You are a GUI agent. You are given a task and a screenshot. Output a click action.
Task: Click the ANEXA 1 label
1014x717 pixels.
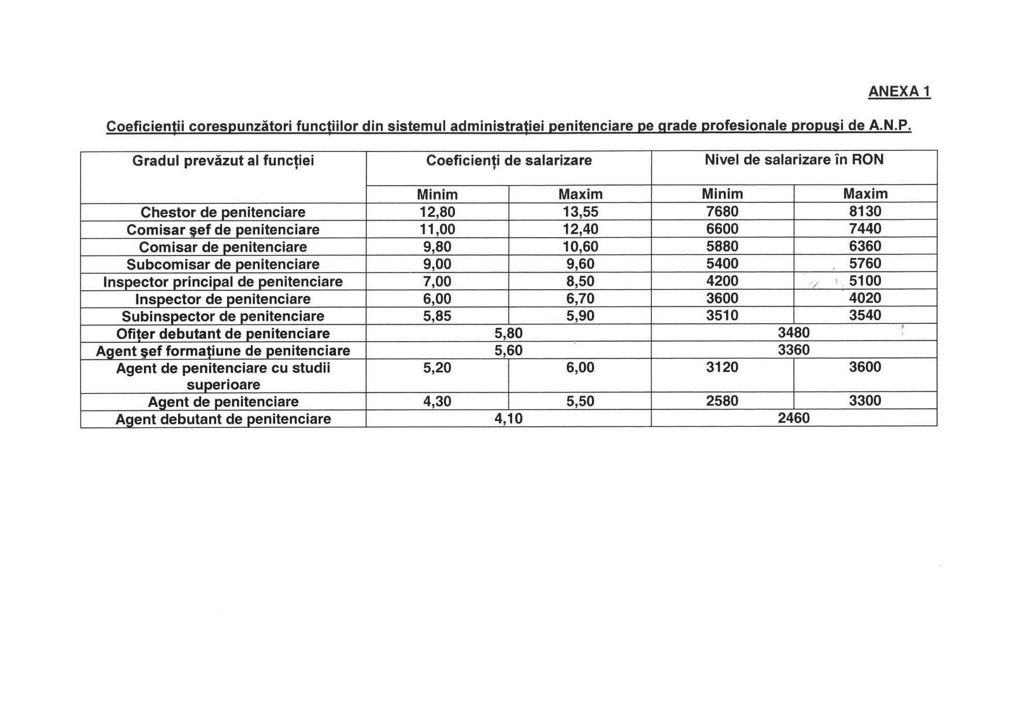tap(899, 92)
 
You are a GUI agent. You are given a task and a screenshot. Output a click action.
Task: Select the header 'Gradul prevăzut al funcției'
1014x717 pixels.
tap(223, 161)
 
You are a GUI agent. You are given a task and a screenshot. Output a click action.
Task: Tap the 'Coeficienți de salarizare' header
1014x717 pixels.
tap(508, 160)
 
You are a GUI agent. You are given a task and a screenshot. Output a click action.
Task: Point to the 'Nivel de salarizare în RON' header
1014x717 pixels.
tap(793, 160)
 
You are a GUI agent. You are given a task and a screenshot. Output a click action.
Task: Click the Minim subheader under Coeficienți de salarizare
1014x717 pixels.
tap(437, 194)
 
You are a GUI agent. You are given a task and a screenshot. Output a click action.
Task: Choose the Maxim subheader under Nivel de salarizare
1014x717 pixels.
tap(865, 194)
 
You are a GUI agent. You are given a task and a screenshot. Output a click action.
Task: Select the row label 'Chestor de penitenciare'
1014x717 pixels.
tap(223, 212)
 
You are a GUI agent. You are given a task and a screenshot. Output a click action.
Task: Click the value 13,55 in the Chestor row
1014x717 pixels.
tap(581, 212)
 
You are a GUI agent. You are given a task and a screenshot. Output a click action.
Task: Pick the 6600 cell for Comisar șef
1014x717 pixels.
tap(722, 229)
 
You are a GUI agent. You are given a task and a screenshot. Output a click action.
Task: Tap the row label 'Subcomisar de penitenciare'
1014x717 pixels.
tap(223, 264)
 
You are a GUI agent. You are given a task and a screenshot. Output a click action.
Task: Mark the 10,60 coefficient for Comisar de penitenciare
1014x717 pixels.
tap(581, 247)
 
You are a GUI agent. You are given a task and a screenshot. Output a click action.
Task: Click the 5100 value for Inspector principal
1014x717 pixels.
tap(865, 281)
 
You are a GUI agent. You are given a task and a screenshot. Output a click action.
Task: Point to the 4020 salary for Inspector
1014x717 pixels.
tap(865, 299)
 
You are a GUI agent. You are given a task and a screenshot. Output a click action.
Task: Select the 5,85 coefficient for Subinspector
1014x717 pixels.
tap(437, 316)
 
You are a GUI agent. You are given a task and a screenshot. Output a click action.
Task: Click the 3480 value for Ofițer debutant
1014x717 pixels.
tap(793, 333)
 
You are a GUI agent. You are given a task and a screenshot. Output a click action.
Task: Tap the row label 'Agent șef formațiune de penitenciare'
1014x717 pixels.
tap(223, 351)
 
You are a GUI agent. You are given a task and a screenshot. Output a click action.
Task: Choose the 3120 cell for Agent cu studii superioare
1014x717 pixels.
tap(722, 368)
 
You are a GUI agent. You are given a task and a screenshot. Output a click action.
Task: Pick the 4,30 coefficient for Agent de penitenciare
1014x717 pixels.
tap(437, 401)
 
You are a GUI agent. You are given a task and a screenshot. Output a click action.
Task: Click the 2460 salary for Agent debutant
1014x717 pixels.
tap(793, 418)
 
